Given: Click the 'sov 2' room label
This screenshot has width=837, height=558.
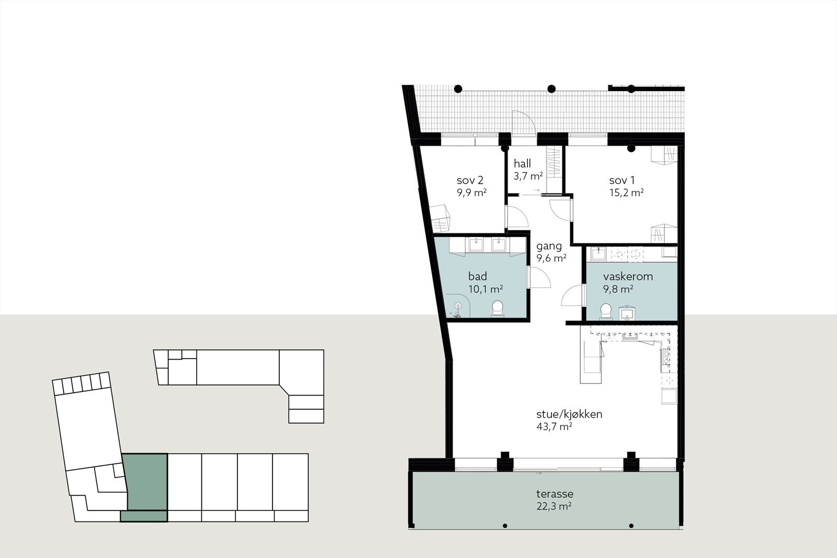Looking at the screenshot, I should tap(469, 181).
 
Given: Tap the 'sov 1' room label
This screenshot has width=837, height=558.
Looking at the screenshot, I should tap(622, 181).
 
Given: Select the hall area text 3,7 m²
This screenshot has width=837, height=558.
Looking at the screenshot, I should tap(528, 176).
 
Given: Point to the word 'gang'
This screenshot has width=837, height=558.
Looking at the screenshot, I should tap(549, 246).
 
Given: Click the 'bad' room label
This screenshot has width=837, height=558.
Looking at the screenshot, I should tap(478, 276).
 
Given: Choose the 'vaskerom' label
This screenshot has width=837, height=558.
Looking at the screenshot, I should tap(628, 276).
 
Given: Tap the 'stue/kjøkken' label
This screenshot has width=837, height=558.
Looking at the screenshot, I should tap(569, 414).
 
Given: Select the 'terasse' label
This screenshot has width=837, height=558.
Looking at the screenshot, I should tap(555, 494).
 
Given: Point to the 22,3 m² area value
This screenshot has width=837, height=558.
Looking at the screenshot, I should tap(553, 506).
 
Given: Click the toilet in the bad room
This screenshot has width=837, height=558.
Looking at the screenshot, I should tap(497, 308).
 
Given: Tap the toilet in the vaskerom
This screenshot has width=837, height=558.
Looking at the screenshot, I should tap(606, 310).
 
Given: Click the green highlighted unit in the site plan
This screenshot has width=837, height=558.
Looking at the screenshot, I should tap(145, 482).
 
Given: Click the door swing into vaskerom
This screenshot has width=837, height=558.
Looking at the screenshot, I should tap(572, 296).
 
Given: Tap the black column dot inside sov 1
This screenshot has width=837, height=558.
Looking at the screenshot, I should tap(631, 149).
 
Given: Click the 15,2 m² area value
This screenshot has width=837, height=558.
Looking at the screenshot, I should tap(626, 193).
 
